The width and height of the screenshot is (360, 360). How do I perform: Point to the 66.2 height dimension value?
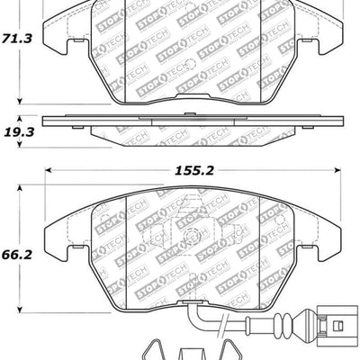coord(18,255)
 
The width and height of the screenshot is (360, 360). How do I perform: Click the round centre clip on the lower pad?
coord(192,238)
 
